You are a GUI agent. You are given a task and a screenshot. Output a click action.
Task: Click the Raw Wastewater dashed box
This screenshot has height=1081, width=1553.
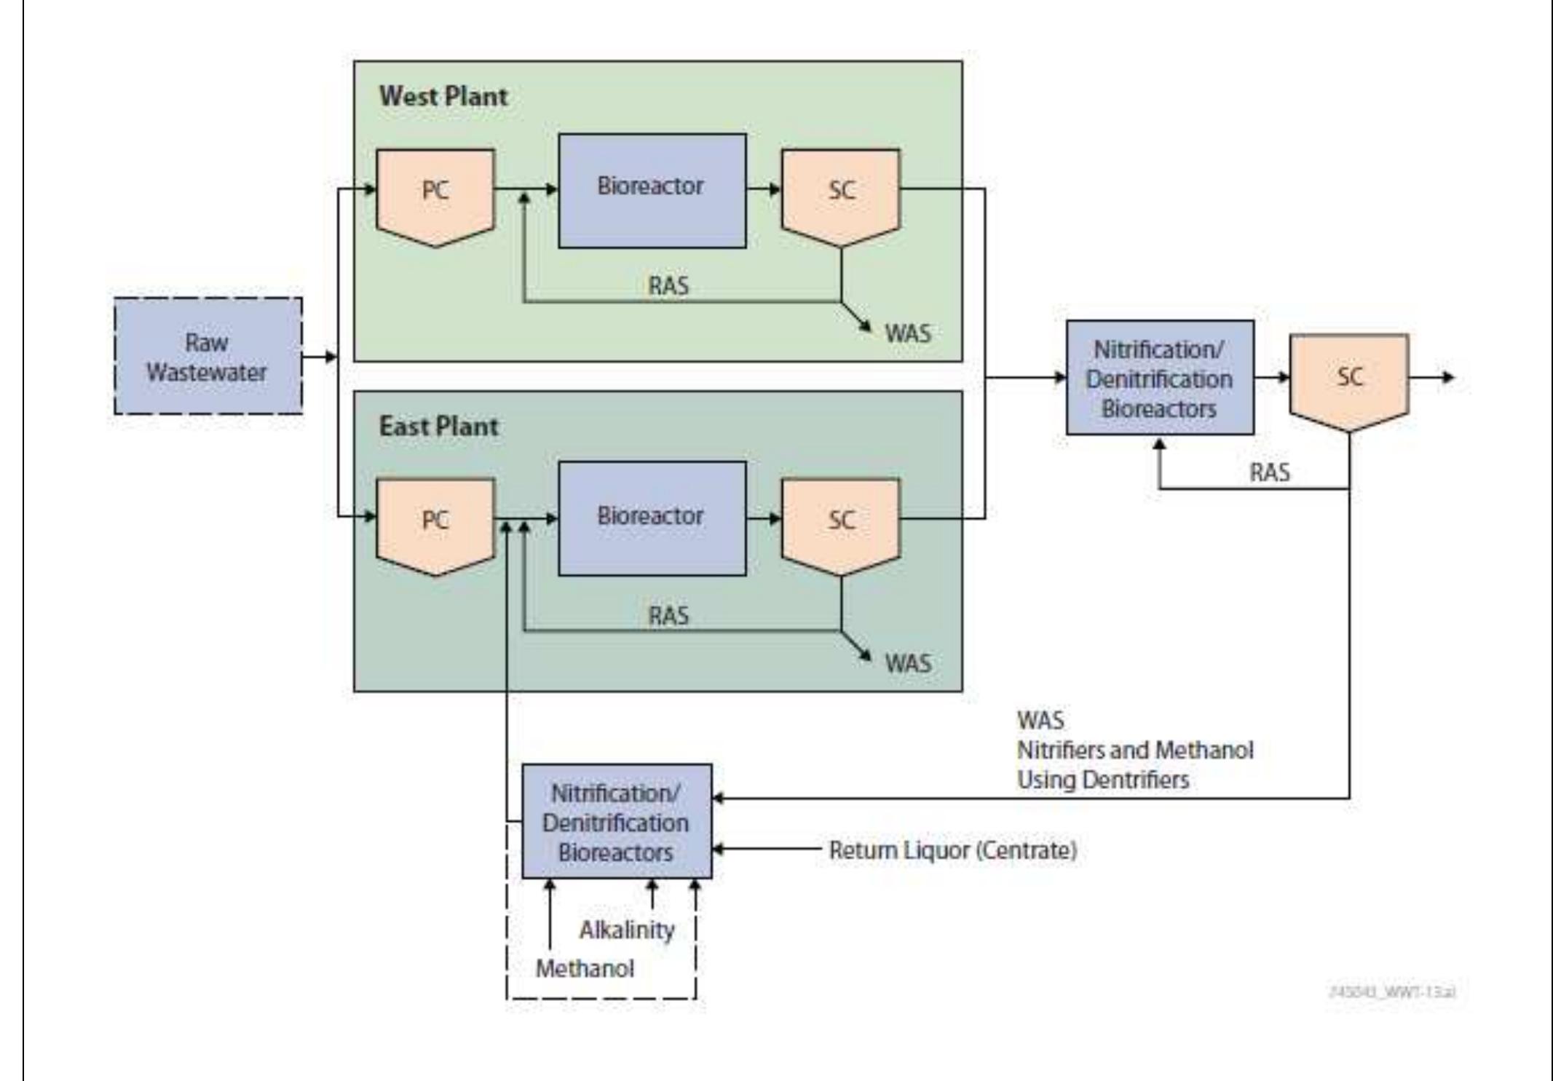click(x=208, y=357)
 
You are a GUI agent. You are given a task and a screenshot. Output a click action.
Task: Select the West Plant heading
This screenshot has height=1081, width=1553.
click(x=443, y=96)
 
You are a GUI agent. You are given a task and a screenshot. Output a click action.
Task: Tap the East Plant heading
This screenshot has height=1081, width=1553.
click(x=438, y=426)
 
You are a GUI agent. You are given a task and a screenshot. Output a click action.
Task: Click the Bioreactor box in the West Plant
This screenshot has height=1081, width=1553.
click(x=652, y=190)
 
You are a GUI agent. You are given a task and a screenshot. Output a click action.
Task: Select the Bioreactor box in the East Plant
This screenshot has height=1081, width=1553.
click(x=652, y=518)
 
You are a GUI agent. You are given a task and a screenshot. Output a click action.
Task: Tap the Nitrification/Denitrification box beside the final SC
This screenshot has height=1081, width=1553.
click(x=1159, y=378)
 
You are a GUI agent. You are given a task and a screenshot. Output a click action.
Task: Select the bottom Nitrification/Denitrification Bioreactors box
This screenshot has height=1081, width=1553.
click(x=616, y=821)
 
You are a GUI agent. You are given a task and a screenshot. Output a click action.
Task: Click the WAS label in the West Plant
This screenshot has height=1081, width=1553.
click(x=907, y=333)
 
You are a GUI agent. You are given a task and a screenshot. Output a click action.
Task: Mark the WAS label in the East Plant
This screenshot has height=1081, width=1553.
click(x=907, y=663)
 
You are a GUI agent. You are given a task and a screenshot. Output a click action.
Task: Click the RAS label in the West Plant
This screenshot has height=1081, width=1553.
click(x=668, y=286)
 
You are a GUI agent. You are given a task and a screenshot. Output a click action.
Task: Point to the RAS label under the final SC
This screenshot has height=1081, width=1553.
click(x=1269, y=472)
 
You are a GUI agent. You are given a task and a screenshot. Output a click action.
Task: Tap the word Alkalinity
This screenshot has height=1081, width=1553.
click(x=626, y=930)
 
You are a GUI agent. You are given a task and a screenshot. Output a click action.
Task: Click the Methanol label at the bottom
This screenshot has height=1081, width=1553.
click(x=585, y=968)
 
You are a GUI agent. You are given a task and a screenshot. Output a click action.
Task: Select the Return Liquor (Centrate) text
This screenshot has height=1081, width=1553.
click(x=952, y=850)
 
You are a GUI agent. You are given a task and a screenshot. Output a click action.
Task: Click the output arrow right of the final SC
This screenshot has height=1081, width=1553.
click(x=1434, y=377)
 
